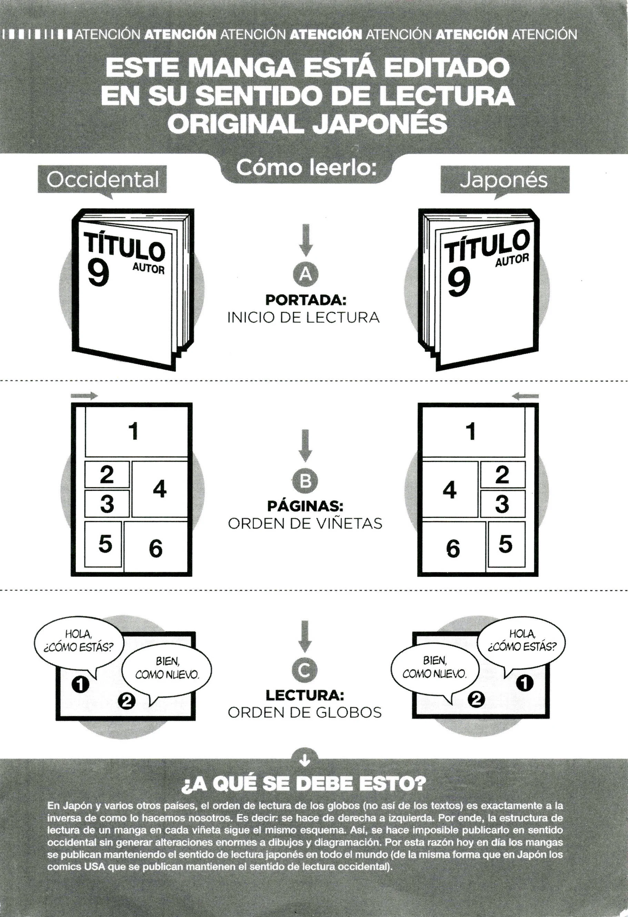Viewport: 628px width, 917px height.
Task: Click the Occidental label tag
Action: (x=102, y=181)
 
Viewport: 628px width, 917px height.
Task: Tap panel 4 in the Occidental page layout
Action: (x=159, y=489)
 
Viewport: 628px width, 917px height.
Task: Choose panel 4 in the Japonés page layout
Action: (x=450, y=489)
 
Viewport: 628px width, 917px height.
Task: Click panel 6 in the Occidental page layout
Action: (x=156, y=547)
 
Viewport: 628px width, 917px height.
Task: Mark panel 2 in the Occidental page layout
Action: (x=107, y=474)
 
